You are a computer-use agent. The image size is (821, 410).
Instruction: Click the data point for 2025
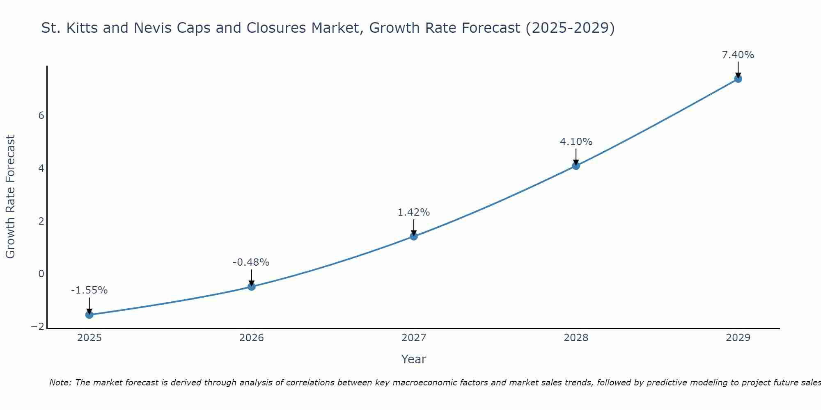(89, 314)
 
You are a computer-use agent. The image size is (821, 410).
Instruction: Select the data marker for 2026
(252, 287)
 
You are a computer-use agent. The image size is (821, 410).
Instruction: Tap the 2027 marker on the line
(414, 236)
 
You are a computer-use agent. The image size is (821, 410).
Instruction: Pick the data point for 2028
(576, 166)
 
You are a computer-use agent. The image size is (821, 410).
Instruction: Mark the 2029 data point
(738, 79)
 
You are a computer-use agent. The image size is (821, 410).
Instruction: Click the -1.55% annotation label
(89, 290)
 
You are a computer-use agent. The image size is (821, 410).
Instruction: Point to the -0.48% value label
(251, 262)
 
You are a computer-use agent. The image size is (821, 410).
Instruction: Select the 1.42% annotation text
(414, 212)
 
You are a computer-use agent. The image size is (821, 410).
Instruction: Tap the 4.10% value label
(576, 142)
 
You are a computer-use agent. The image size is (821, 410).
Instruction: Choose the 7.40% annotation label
(738, 55)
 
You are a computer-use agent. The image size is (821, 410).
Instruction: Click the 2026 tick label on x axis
(252, 338)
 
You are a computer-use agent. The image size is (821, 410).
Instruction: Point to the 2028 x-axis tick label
(576, 338)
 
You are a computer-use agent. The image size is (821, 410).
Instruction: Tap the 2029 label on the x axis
(738, 338)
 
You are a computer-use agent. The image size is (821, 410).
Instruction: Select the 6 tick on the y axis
(41, 116)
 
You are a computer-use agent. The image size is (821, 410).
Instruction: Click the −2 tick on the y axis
(38, 327)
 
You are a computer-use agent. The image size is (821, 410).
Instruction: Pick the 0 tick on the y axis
(41, 274)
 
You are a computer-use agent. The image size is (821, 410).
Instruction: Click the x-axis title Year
(414, 359)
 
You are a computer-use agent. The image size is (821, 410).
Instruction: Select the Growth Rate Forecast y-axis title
(10, 197)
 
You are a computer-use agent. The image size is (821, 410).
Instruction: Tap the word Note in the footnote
(60, 383)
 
